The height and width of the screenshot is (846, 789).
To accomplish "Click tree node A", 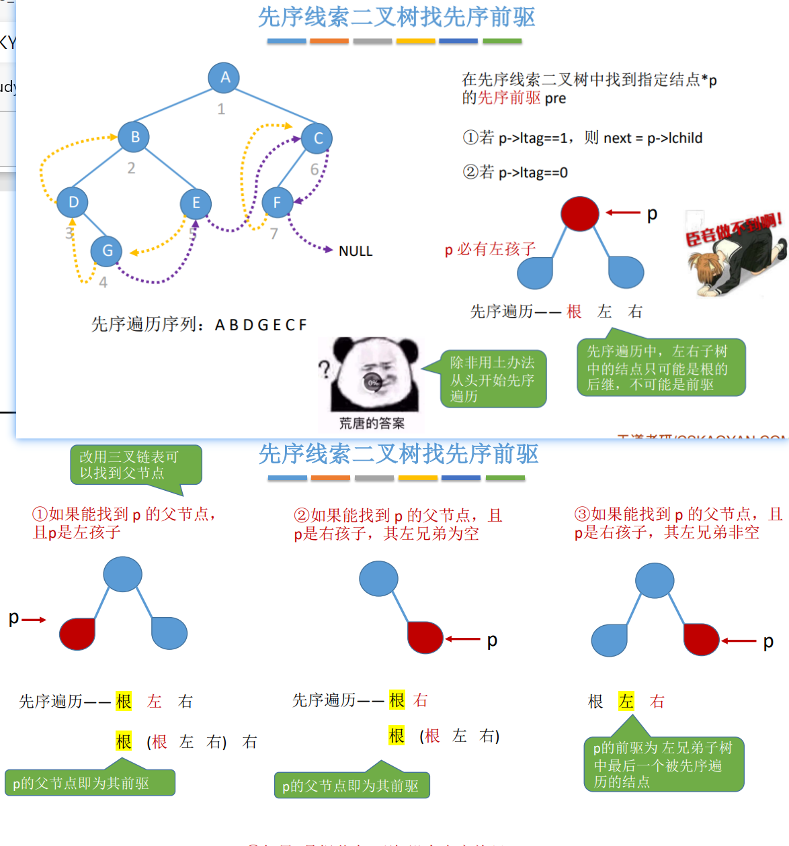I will tap(224, 77).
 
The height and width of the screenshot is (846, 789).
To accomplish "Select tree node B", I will tap(134, 137).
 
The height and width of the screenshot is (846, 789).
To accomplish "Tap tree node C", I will tap(317, 138).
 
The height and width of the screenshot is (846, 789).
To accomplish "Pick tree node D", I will tap(73, 202).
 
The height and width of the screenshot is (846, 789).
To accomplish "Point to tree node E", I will tap(196, 203).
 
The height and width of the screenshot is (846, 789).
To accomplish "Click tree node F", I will tap(277, 202).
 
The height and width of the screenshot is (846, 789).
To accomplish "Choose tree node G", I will tap(106, 250).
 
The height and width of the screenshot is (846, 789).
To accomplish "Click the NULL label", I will tap(356, 251).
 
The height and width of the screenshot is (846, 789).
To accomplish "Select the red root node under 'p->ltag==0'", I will tap(579, 214).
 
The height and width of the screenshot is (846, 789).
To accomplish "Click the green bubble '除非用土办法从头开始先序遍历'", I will tap(493, 379).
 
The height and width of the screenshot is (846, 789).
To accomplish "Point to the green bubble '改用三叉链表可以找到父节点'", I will tap(135, 465).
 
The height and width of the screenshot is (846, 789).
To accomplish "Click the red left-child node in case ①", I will tap(77, 633).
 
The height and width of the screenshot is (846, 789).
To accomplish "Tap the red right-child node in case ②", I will tap(425, 637).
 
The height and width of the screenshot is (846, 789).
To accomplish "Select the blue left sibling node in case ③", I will tap(610, 640).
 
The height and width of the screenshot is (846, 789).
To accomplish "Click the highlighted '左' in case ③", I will tap(626, 702).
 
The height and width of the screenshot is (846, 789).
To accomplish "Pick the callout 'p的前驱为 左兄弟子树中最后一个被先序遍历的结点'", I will tap(663, 764).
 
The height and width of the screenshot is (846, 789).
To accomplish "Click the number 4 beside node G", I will tap(103, 283).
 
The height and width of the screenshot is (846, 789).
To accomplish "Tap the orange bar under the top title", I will tap(329, 41).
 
